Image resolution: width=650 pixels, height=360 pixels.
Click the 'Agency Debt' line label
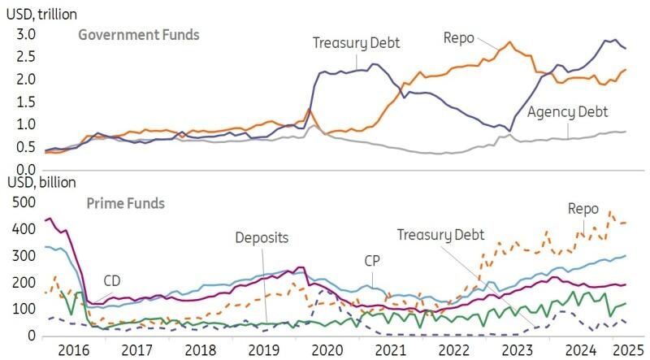click(568, 112)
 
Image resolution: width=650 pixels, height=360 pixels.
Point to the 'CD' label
click(113, 281)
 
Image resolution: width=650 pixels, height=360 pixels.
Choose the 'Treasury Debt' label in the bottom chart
click(440, 235)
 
